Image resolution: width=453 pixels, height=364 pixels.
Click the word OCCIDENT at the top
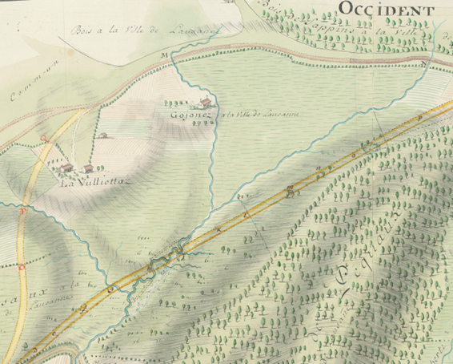387,10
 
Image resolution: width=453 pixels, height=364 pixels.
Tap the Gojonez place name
188,113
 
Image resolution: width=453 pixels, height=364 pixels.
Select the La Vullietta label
95,181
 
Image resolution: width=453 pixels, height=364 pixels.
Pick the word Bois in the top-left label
82,31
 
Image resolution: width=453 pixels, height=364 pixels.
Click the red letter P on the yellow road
23,212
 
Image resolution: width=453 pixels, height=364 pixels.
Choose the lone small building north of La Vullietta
103,135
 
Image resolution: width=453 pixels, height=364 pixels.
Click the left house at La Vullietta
67,168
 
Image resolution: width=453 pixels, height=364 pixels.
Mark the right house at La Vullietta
88,168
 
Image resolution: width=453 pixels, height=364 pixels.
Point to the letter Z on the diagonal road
247,214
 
